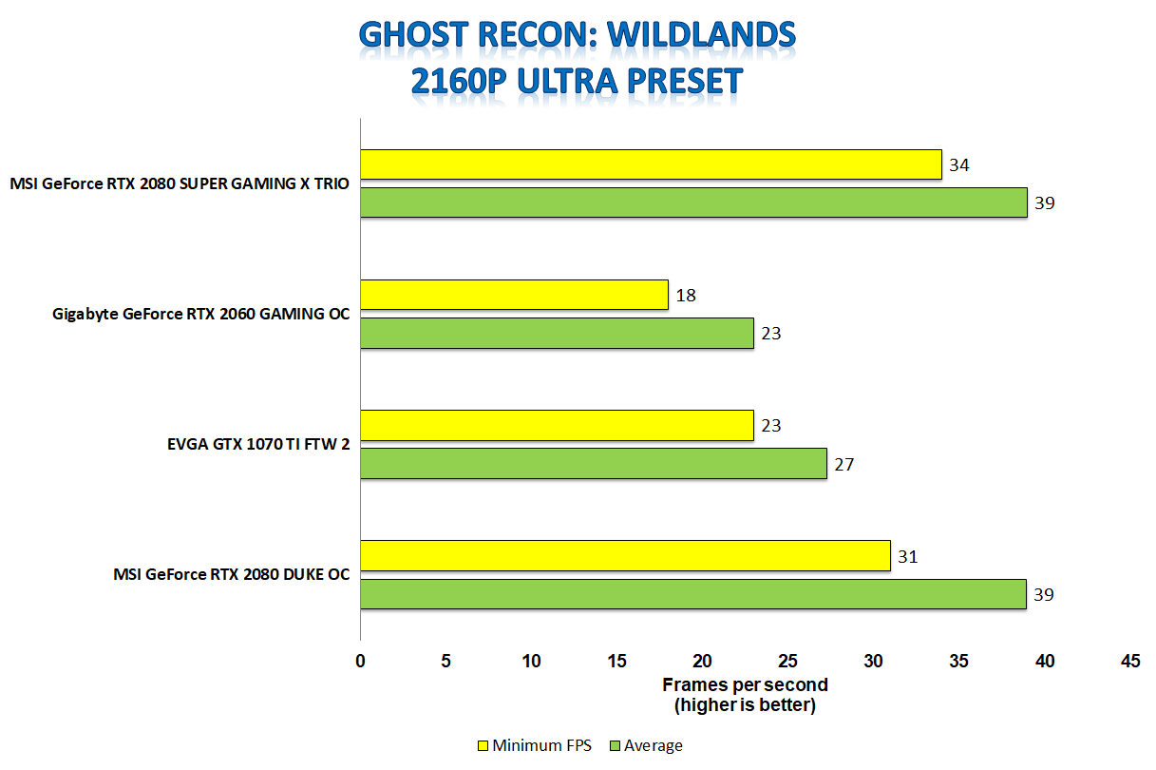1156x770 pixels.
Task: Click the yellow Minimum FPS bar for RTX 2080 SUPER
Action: coord(651,164)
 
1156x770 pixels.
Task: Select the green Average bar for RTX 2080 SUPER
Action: coord(693,202)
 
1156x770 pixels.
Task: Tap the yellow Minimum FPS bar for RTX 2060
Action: coord(514,295)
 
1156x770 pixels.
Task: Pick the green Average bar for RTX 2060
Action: coord(557,333)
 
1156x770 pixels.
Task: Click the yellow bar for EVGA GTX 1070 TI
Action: coord(557,426)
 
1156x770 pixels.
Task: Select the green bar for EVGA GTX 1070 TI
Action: coord(594,464)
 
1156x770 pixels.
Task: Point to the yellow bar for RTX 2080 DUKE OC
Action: coord(625,556)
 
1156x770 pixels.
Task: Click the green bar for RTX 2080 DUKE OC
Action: coord(693,594)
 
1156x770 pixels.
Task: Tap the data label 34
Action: coord(958,165)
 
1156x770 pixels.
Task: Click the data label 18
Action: coord(686,296)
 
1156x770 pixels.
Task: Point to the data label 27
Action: coord(843,465)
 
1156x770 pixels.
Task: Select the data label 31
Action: coord(908,557)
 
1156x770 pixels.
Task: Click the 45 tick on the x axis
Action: coord(1130,661)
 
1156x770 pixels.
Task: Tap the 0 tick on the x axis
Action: coord(360,661)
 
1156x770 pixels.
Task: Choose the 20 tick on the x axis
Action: coord(702,661)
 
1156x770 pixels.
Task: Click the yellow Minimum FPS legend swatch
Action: coord(483,745)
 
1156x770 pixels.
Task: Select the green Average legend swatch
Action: coord(615,745)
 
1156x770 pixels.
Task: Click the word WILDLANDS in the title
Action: coord(701,35)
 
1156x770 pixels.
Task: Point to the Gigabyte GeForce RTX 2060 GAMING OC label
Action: coord(200,314)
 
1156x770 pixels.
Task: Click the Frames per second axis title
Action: coord(745,684)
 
